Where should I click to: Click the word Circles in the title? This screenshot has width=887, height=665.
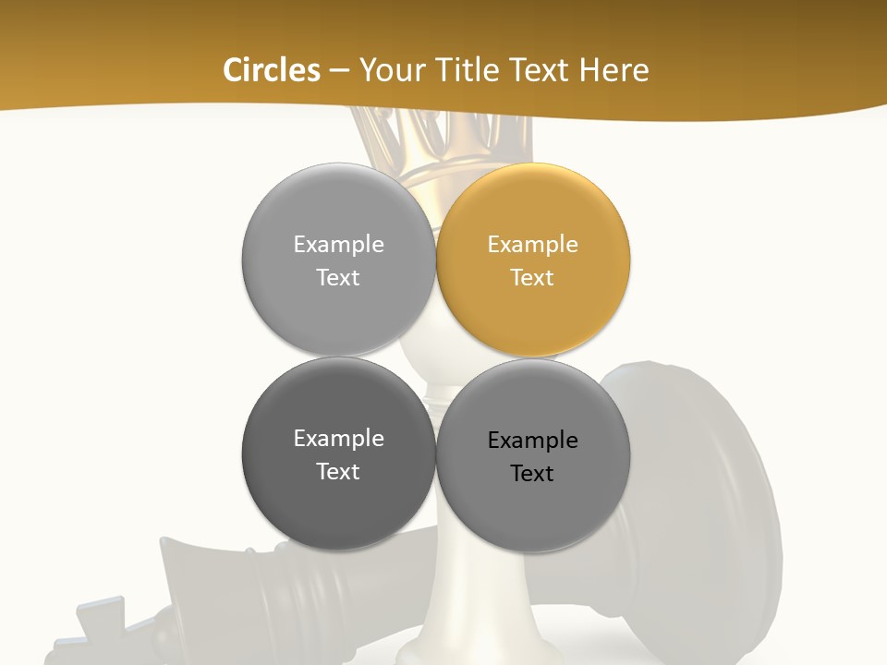[x=271, y=70]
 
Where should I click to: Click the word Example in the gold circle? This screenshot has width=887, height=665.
[x=532, y=245]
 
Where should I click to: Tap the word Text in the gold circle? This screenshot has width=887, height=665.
[x=532, y=278]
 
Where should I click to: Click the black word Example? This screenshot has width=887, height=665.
[x=532, y=441]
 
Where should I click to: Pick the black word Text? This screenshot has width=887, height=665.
[x=532, y=474]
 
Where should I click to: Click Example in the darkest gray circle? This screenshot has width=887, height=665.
[x=338, y=439]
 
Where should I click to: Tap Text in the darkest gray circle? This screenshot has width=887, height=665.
[x=338, y=472]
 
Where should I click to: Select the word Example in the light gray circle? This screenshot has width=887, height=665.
[x=338, y=245]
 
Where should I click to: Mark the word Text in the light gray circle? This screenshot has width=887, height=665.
[x=338, y=278]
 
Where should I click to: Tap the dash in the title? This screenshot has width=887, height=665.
[x=339, y=71]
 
